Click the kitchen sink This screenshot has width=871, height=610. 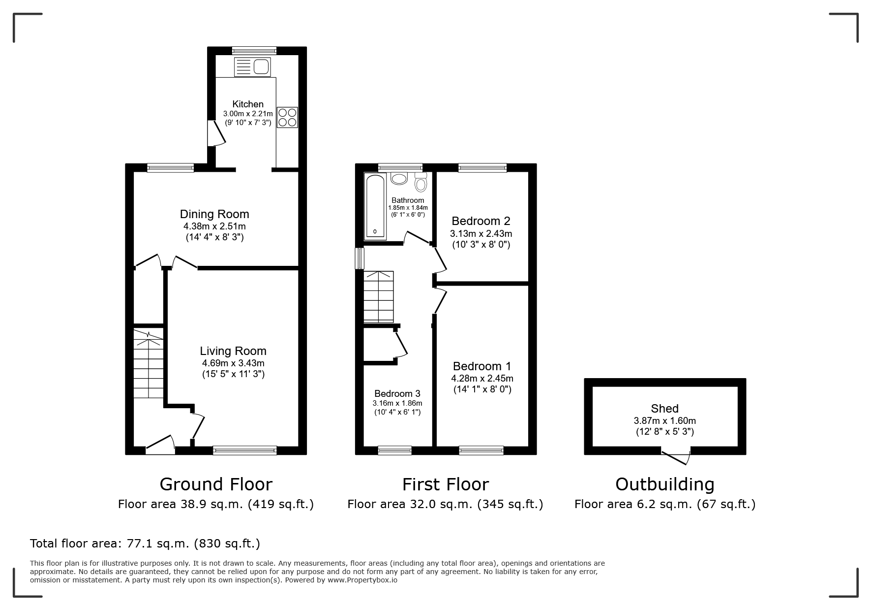pyautogui.click(x=253, y=67)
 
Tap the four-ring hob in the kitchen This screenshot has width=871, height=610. pyautogui.click(x=288, y=117)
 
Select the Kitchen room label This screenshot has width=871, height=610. pyautogui.click(x=248, y=104)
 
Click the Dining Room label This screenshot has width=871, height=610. pyautogui.click(x=214, y=214)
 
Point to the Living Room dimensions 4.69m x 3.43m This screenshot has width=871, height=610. pyautogui.click(x=233, y=363)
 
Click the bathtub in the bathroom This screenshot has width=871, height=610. pyautogui.click(x=375, y=206)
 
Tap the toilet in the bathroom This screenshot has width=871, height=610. pyautogui.click(x=421, y=182)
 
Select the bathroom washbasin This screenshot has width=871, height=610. pyautogui.click(x=399, y=178)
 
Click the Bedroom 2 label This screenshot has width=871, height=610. pyautogui.click(x=481, y=221)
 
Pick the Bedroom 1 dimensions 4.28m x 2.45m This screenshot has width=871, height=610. pyautogui.click(x=482, y=379)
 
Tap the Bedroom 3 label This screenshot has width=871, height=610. pyautogui.click(x=397, y=393)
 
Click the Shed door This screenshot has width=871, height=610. pyautogui.click(x=676, y=456)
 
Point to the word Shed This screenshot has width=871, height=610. pyautogui.click(x=665, y=409)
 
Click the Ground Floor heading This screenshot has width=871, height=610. pyautogui.click(x=216, y=484)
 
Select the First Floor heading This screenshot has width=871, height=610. pyautogui.click(x=446, y=484)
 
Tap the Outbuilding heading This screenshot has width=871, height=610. pyautogui.click(x=665, y=484)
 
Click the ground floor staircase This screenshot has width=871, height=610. pyautogui.click(x=149, y=364)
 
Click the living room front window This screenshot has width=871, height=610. pyautogui.click(x=245, y=450)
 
